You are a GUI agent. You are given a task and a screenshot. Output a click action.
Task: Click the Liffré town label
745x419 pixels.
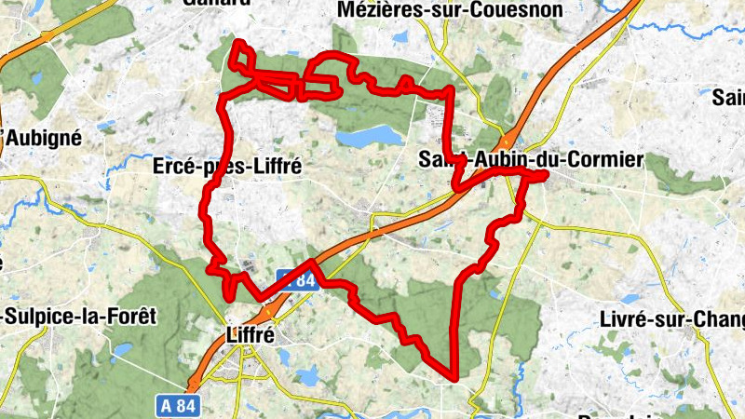251,335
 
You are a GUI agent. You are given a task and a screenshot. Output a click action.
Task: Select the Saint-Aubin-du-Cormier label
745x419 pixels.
531,160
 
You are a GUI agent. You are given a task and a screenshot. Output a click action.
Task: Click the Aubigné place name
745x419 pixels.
44,138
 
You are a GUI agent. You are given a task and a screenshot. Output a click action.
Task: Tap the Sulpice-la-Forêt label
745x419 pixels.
78,316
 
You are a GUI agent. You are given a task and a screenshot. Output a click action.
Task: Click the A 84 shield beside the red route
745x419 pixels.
297,278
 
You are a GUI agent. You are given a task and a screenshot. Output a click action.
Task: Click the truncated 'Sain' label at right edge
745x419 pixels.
727,97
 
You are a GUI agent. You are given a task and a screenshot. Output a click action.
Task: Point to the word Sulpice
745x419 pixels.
41,316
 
